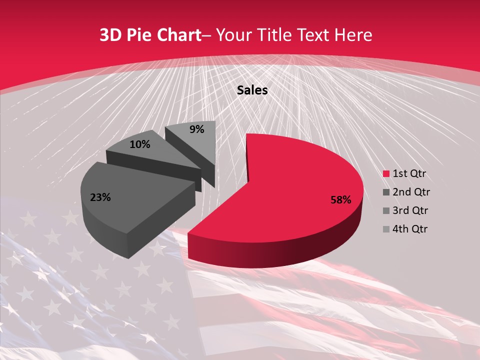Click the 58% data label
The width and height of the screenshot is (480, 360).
[x=340, y=200]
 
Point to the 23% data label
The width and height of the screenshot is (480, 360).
[x=100, y=197]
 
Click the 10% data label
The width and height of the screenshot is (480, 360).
[x=139, y=144]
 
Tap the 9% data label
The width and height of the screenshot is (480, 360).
[x=197, y=129]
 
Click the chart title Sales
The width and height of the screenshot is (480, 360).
[x=252, y=90]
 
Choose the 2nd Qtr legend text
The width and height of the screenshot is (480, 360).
[x=411, y=192]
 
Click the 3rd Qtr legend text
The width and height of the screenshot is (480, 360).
[x=411, y=210]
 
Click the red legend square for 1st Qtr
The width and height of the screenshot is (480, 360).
[x=386, y=174]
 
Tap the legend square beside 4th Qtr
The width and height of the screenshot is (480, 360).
[x=386, y=229]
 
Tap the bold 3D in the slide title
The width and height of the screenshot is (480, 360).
[x=110, y=35]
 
